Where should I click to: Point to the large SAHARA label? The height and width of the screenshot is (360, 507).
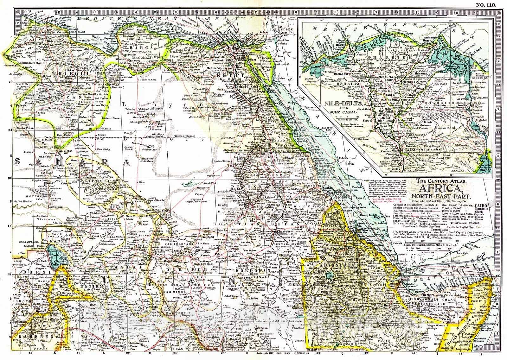tap(73, 162)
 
